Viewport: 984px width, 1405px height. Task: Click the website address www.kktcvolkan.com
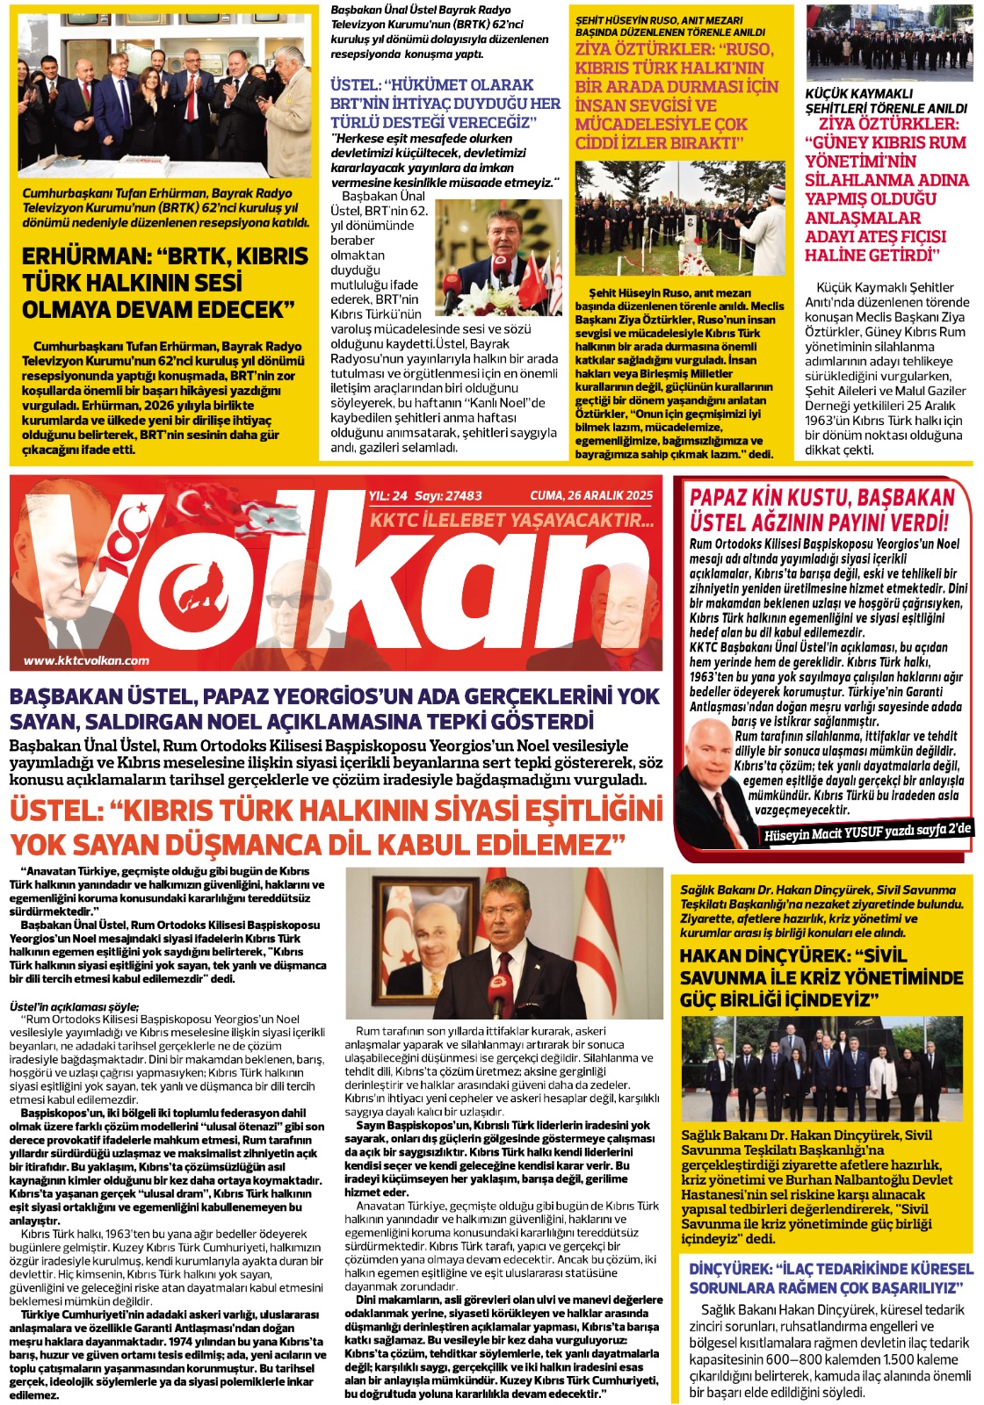(86, 660)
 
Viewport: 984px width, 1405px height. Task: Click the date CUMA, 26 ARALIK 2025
(591, 495)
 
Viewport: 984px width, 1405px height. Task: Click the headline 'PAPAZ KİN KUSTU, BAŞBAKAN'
(821, 498)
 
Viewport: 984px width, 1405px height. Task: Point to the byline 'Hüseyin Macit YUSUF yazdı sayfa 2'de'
(866, 832)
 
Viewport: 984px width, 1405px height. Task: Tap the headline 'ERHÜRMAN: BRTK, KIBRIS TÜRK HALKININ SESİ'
(165, 283)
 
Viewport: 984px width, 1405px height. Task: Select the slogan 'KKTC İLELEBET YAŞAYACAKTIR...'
(511, 520)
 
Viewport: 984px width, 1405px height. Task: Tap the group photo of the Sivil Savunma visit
(821, 1069)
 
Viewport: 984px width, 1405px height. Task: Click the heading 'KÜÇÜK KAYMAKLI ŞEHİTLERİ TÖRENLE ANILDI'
(885, 100)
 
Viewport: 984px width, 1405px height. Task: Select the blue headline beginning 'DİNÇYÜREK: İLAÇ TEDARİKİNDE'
(830, 1278)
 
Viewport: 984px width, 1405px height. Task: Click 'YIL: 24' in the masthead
(388, 495)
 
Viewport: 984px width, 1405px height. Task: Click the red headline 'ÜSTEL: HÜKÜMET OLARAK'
(432, 84)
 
